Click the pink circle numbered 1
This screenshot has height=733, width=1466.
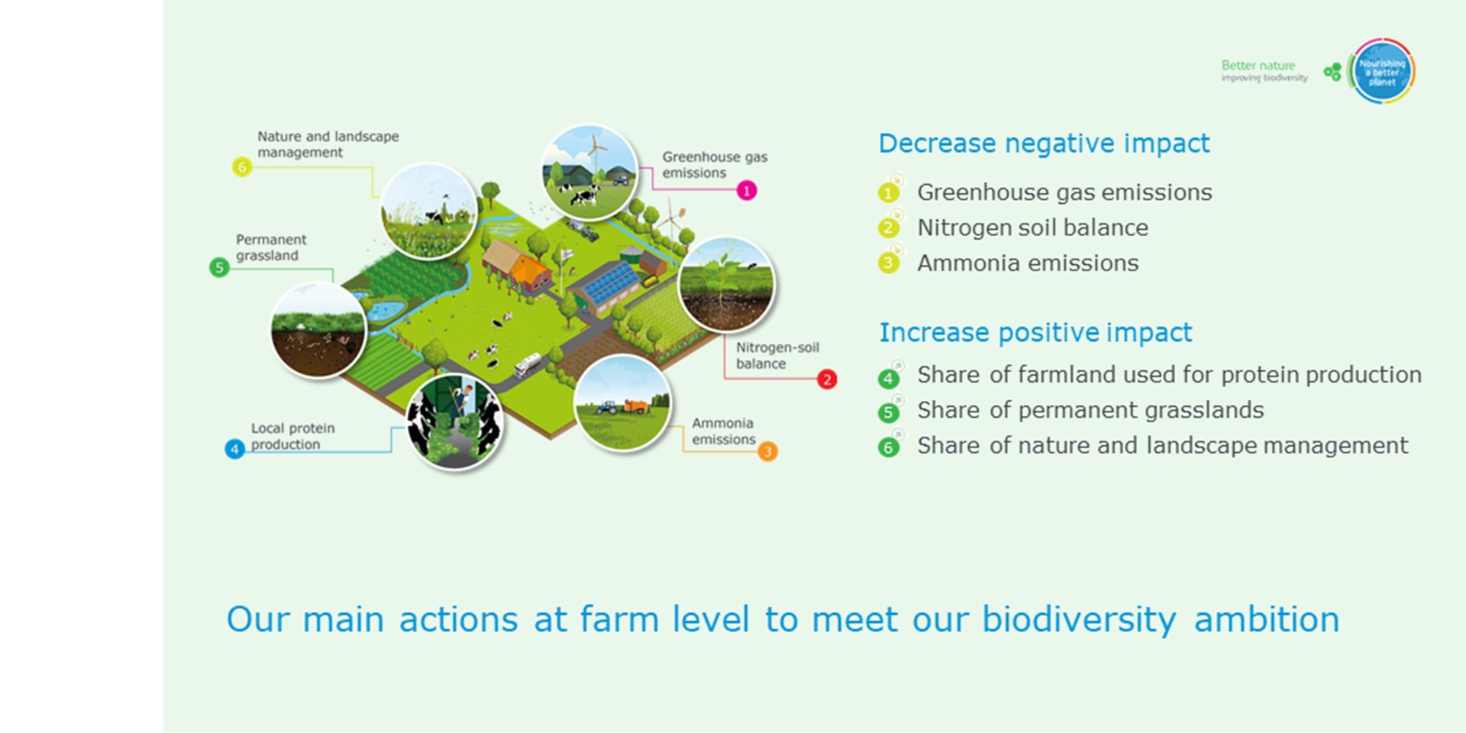click(x=747, y=190)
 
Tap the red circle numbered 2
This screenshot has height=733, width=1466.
click(x=827, y=379)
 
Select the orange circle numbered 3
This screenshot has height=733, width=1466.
click(x=767, y=451)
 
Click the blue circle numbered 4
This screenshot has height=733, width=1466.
click(x=234, y=449)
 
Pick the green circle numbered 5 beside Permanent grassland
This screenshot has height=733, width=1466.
click(x=219, y=267)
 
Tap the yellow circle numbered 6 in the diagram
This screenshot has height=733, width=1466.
click(x=241, y=166)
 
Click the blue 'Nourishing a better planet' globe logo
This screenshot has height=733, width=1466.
click(x=1382, y=72)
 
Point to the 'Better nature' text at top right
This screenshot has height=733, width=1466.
click(x=1258, y=66)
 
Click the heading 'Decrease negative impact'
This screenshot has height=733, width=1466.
click(x=1044, y=144)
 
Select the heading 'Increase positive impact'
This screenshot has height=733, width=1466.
click(x=1035, y=333)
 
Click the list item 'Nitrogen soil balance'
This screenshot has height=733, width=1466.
click(x=1032, y=228)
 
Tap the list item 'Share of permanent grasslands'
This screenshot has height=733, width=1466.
click(x=1090, y=410)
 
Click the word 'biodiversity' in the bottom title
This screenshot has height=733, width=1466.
click(x=1078, y=619)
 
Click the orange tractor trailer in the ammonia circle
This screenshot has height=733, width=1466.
click(x=635, y=405)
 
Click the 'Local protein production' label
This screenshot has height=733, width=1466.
click(x=292, y=436)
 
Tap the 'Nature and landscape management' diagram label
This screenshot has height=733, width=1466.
click(x=328, y=144)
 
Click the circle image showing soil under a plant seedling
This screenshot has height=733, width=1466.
click(x=726, y=284)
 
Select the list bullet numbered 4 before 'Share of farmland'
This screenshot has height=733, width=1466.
click(x=888, y=378)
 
